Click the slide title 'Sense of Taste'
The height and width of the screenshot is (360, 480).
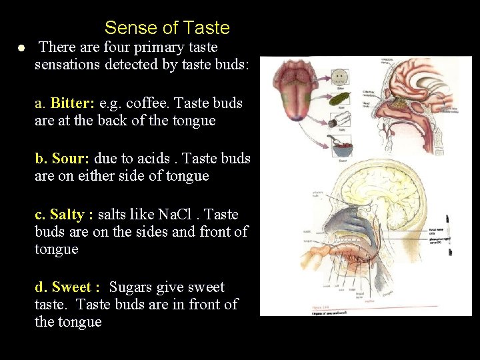[167, 28]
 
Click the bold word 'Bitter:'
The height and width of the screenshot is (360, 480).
[73, 103]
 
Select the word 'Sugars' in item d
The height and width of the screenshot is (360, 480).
[131, 287]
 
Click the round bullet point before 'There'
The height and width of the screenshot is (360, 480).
[22, 48]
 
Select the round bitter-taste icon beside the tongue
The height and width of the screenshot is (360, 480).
[339, 75]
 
